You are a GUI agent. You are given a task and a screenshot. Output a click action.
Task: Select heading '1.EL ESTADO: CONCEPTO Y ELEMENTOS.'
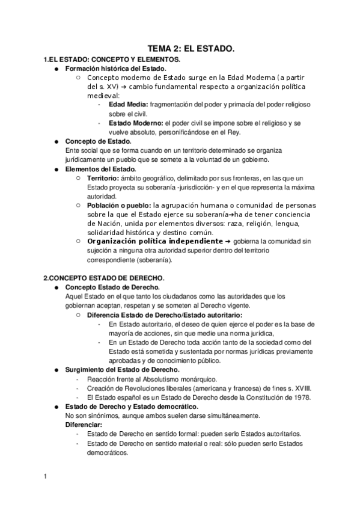click(112, 60)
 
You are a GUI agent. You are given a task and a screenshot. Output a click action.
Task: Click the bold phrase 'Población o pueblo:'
click(118, 205)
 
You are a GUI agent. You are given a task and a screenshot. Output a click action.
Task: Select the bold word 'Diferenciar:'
click(84, 425)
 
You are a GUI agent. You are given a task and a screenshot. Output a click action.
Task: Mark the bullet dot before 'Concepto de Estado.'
click(56, 141)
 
